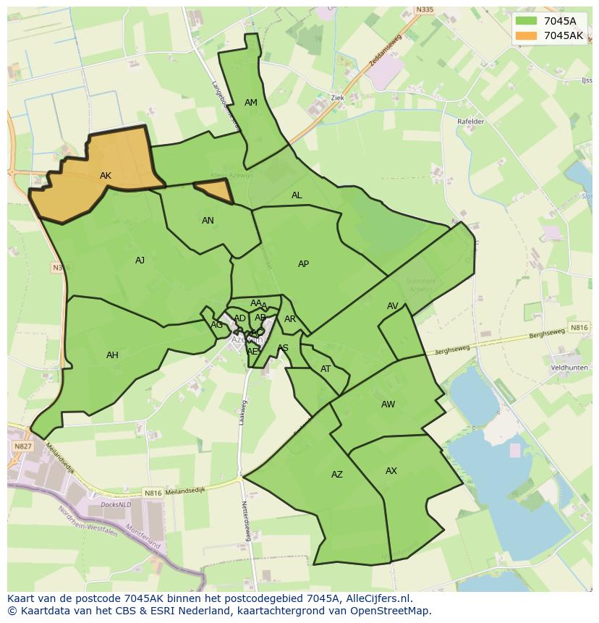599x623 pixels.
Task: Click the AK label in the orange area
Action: (106, 176)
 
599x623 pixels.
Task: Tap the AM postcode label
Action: (251, 103)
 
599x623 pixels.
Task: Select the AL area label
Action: (297, 195)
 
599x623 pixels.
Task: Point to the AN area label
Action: (208, 221)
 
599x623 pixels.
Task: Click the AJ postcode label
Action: (140, 260)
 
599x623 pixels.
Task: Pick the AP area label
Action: (303, 264)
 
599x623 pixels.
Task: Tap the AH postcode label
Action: (112, 355)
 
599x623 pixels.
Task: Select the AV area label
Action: (392, 306)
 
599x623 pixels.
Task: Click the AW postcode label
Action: (388, 404)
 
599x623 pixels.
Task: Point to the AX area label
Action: (391, 471)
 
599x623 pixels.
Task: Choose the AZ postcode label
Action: (337, 475)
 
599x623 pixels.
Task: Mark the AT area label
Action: (326, 369)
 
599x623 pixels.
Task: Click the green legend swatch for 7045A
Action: (527, 21)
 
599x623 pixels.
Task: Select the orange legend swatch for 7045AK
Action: (527, 35)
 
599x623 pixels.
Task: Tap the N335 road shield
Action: (425, 10)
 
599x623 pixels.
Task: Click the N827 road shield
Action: (22, 446)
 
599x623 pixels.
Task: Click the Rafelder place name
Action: (470, 122)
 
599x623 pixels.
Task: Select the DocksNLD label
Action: (115, 504)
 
